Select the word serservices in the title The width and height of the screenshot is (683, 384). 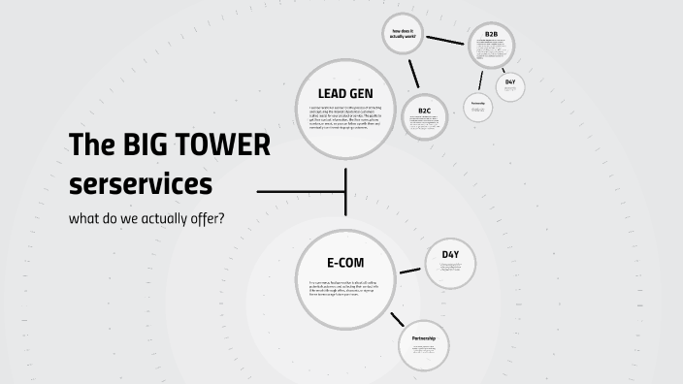[x=140, y=182]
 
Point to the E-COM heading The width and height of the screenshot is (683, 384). [x=345, y=262]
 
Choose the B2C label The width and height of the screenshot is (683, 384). [x=425, y=111]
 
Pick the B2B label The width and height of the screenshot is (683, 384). [x=491, y=36]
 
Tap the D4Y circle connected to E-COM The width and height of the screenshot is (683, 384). [x=450, y=264]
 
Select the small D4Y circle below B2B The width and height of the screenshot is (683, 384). [x=510, y=85]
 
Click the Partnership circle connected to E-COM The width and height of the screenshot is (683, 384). [x=424, y=346]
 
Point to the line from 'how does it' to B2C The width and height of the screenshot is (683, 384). [x=413, y=74]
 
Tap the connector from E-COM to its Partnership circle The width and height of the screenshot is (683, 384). [x=397, y=319]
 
